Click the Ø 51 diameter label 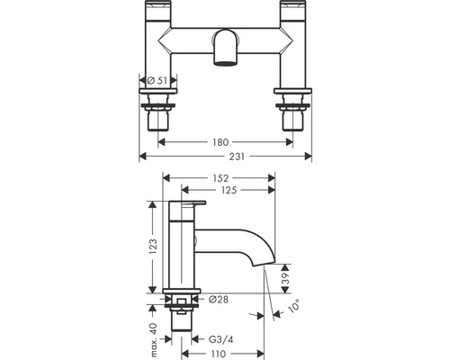click(157, 80)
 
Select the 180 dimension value click(220, 142)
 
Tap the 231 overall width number click(237, 157)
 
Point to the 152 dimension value click(220, 178)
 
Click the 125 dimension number click(229, 190)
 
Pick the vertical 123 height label click(153, 247)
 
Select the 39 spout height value click(286, 278)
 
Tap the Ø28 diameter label click(219, 299)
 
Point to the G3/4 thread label click(220, 339)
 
